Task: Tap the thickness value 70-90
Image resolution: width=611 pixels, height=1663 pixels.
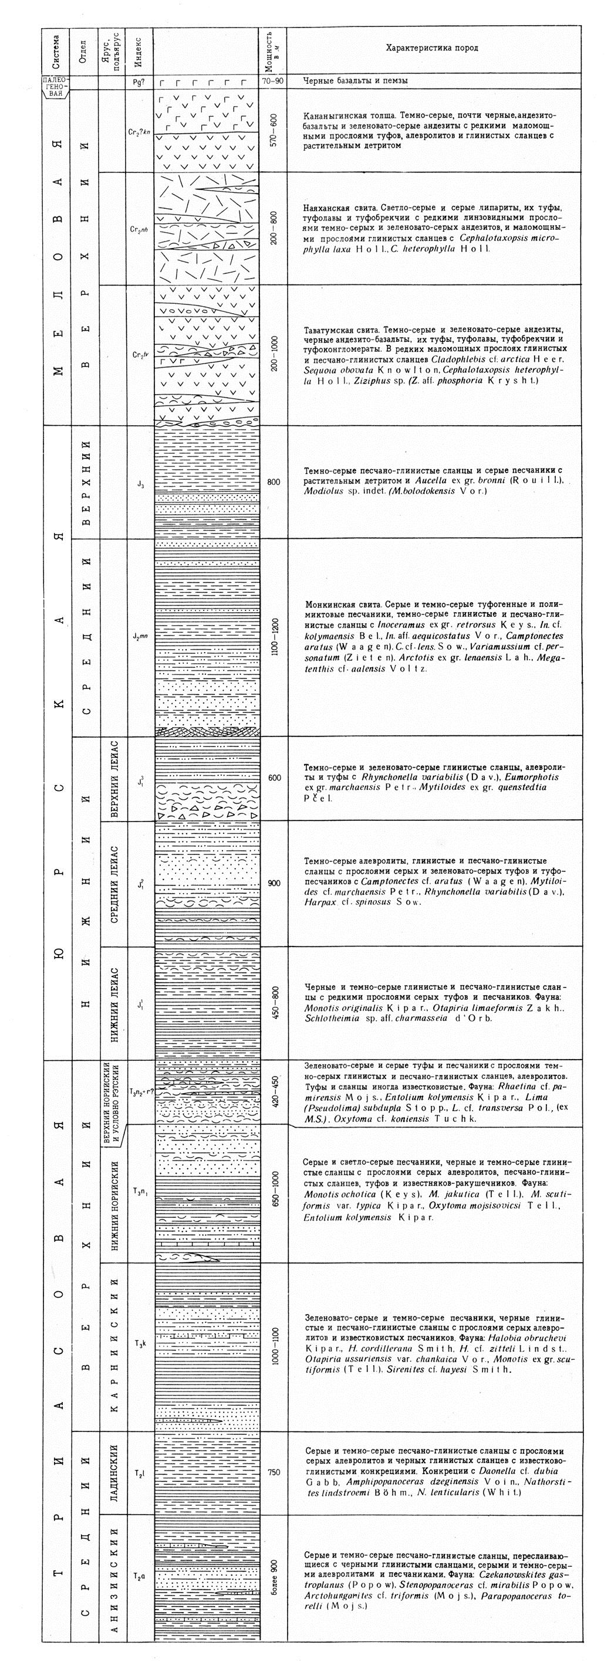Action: click(272, 82)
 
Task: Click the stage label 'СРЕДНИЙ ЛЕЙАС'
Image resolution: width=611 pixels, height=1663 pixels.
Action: click(114, 883)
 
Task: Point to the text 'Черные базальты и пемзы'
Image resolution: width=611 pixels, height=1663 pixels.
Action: click(355, 82)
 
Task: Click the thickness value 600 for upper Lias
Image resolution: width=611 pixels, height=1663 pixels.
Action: click(274, 778)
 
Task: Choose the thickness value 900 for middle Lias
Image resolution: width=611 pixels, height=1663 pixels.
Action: click(274, 883)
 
